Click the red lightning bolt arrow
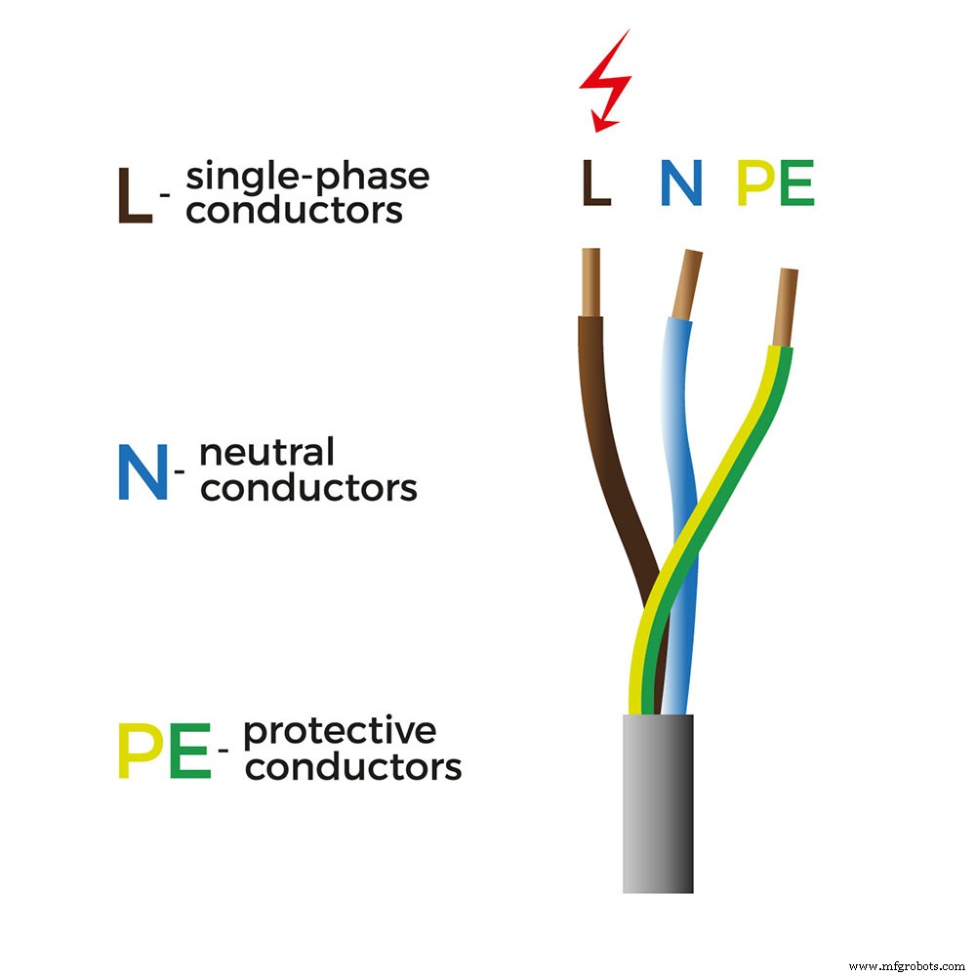click(x=604, y=83)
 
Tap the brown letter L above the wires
click(x=595, y=183)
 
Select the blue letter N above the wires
click(x=680, y=183)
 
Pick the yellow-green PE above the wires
click(x=775, y=183)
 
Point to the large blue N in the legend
click(x=142, y=472)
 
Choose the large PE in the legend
click(x=164, y=751)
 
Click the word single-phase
click(x=307, y=178)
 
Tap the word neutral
click(x=266, y=453)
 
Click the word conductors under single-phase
click(x=294, y=210)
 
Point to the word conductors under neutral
click(x=308, y=487)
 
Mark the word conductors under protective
click(x=353, y=766)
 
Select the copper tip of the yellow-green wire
click(x=786, y=307)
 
